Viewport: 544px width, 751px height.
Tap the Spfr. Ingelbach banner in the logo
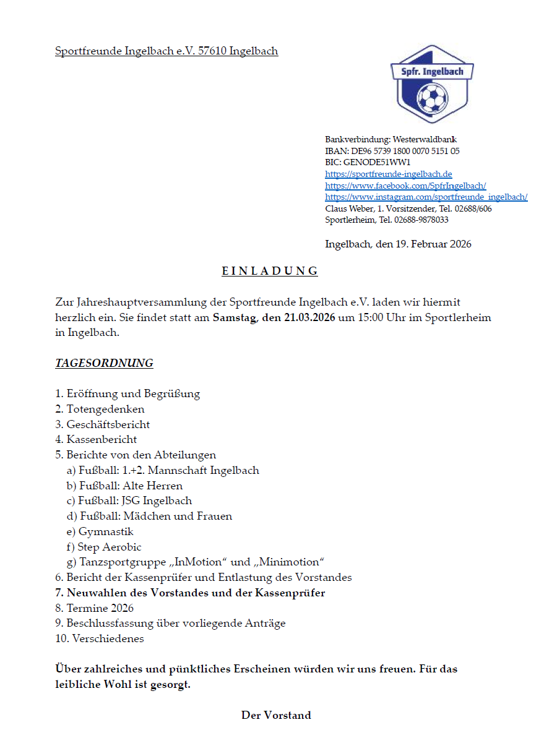431,72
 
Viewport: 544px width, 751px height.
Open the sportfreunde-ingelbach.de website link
389,174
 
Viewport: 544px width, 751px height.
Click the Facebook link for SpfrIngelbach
405,186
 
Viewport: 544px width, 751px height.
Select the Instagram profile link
426,197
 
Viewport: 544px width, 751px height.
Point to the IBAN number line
392,151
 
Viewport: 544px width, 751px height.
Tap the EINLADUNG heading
270,271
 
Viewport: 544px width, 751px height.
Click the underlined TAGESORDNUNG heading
104,363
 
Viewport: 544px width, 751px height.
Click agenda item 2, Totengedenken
100,409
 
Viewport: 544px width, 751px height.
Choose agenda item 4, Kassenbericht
96,439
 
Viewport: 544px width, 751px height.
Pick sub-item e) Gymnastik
100,531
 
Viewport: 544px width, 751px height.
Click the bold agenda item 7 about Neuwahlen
190,593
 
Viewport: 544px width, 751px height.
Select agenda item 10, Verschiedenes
100,638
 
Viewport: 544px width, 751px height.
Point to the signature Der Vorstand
276,715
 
